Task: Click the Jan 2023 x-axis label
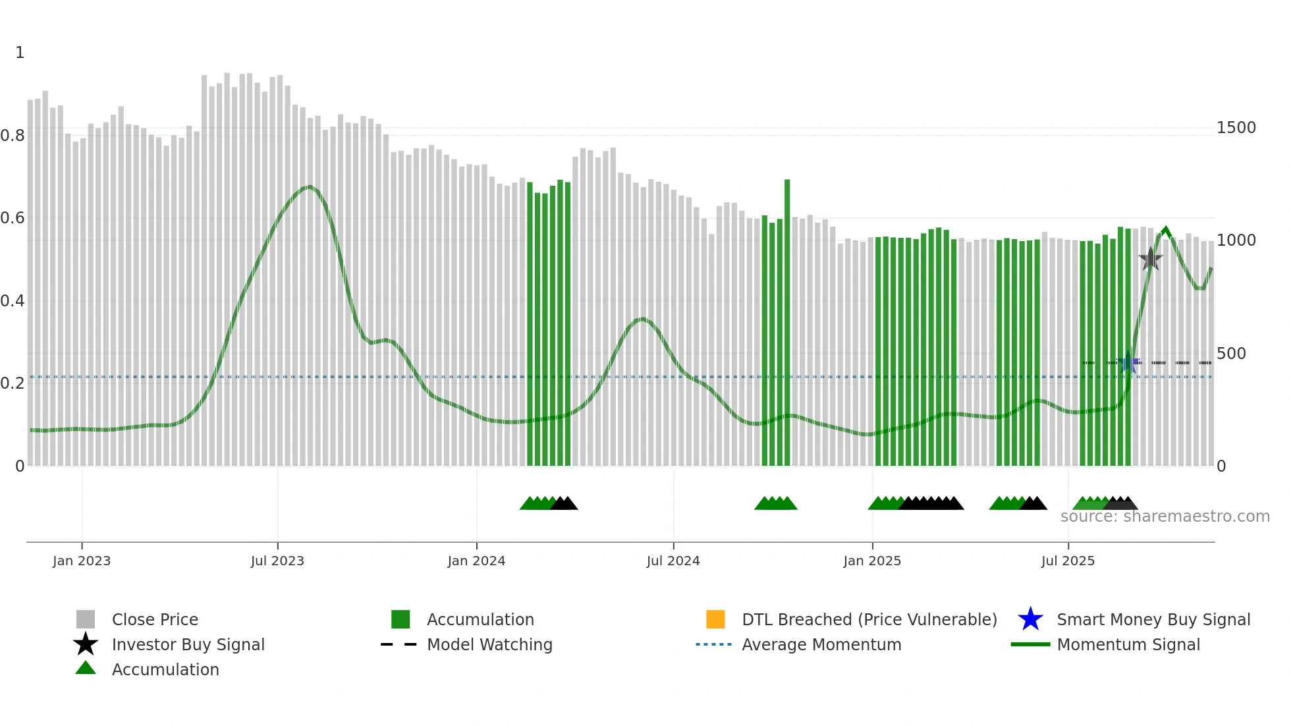pos(82,561)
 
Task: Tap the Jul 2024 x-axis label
pos(673,561)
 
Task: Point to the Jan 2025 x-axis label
pos(872,561)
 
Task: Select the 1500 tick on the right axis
pos(1236,128)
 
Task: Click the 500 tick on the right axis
pos(1231,354)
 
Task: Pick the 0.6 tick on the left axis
pos(13,218)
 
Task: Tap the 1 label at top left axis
pos(20,53)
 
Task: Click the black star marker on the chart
pos(1150,260)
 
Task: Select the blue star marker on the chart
pos(1129,362)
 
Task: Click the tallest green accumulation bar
pos(787,323)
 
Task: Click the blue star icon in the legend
pos(1030,619)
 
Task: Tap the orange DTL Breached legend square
pos(715,619)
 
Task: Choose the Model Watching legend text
pos(489,644)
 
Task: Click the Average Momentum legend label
pos(821,644)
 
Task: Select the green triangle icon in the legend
pos(86,668)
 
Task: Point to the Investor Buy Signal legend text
pos(188,644)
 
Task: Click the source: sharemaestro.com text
pos(1165,517)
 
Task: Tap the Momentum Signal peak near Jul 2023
pos(308,187)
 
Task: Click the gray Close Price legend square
pos(86,619)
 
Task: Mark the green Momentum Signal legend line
pos(1030,644)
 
